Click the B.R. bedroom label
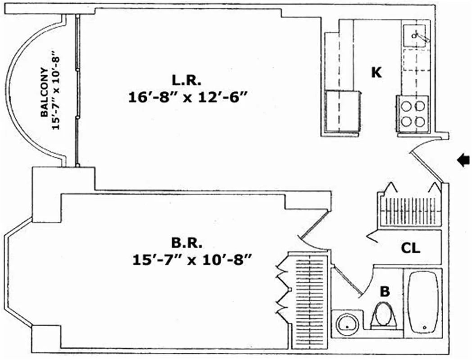click(x=186, y=243)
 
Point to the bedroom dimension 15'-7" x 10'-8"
click(x=192, y=260)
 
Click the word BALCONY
click(x=44, y=92)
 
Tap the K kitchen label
click(x=377, y=72)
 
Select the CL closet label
click(x=411, y=248)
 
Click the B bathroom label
click(x=385, y=292)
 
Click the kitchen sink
click(x=414, y=36)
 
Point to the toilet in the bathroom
click(x=383, y=315)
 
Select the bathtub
click(x=422, y=302)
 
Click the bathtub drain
click(x=425, y=328)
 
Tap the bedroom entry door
click(x=313, y=229)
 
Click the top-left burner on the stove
click(x=406, y=106)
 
